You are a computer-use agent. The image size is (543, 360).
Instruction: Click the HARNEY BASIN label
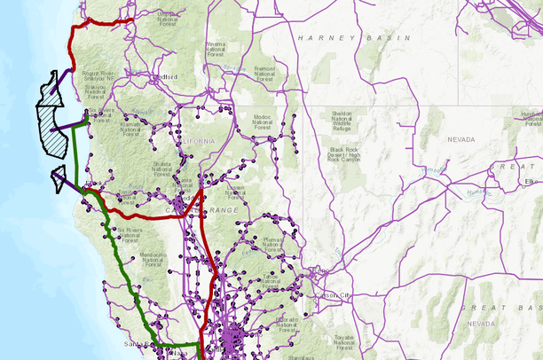[355, 39]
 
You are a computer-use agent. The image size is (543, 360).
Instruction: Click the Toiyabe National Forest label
[344, 342]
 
